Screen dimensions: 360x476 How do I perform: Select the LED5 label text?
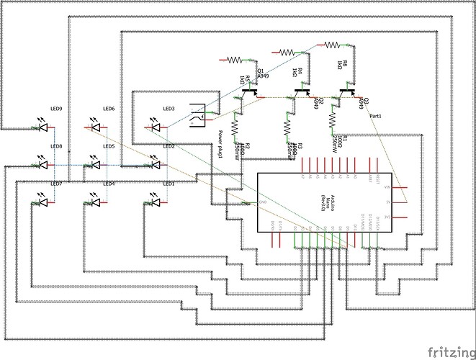point(109,146)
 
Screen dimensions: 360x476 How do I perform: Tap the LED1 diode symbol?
point(153,202)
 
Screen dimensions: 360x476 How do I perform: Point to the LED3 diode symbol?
point(153,128)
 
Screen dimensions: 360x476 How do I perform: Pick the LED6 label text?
point(109,109)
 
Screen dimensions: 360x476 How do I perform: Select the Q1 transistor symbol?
point(250,91)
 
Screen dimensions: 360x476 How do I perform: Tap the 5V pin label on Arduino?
point(387,202)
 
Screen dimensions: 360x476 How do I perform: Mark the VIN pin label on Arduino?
point(387,187)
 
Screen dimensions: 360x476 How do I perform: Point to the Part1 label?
point(374,115)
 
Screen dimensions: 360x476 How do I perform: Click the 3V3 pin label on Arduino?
point(387,217)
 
